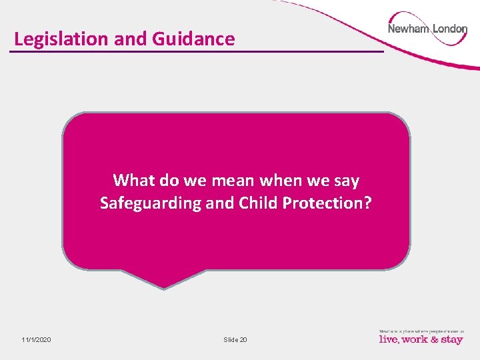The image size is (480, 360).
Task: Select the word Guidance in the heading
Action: [x=193, y=39]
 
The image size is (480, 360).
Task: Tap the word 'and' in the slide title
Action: [x=131, y=39]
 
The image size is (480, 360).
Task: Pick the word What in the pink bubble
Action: [x=134, y=181]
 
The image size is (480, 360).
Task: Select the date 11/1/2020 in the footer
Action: [x=36, y=340]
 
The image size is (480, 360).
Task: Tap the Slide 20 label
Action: [x=235, y=340]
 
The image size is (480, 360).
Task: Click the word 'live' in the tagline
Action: [x=389, y=340]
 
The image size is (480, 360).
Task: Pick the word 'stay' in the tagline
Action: [x=451, y=340]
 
